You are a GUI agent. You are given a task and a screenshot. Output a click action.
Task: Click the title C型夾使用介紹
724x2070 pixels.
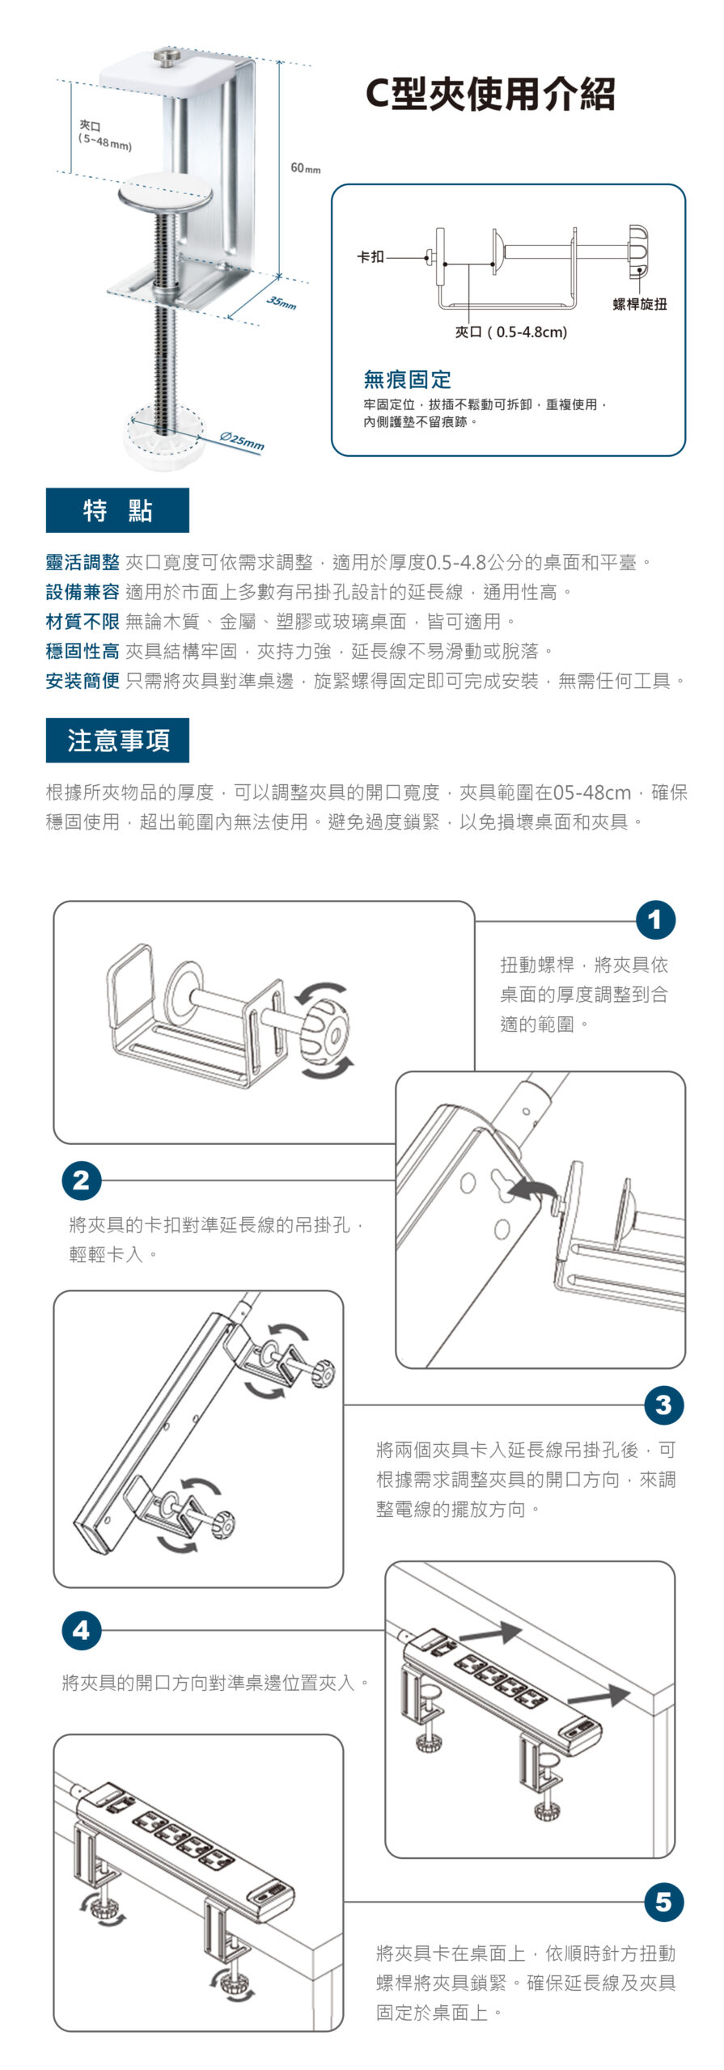pyautogui.click(x=490, y=94)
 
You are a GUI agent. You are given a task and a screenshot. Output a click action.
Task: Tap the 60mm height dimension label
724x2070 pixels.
pyautogui.click(x=305, y=168)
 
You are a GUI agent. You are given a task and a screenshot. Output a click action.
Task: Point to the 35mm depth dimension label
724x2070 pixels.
pyautogui.click(x=282, y=303)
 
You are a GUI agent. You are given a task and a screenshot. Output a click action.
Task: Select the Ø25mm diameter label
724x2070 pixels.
pyautogui.click(x=243, y=441)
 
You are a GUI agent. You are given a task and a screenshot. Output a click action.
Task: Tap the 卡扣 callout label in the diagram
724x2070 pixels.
pyautogui.click(x=370, y=257)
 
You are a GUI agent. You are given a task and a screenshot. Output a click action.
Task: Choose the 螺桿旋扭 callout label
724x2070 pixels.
pyautogui.click(x=639, y=304)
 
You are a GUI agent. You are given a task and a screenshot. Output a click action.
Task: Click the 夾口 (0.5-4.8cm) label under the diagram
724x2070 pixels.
pyautogui.click(x=511, y=332)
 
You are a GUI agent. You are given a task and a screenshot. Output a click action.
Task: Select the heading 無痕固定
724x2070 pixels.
pyautogui.click(x=407, y=378)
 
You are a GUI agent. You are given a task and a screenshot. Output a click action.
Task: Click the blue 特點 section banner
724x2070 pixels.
pyautogui.click(x=117, y=510)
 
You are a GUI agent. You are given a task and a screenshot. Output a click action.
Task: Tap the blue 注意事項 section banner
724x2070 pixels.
pyautogui.click(x=117, y=740)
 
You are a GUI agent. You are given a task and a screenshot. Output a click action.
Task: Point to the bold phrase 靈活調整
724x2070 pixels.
pyautogui.click(x=83, y=562)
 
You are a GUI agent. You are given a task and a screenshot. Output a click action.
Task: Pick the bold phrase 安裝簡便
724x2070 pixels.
pyautogui.click(x=83, y=681)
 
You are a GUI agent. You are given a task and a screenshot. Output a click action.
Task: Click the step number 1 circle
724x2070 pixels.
pyautogui.click(x=655, y=920)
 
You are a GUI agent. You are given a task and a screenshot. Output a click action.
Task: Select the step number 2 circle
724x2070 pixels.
pyautogui.click(x=82, y=1181)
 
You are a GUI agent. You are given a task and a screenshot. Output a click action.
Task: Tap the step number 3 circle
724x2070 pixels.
pyautogui.click(x=663, y=1406)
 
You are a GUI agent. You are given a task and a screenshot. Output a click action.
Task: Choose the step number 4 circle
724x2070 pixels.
pyautogui.click(x=82, y=1631)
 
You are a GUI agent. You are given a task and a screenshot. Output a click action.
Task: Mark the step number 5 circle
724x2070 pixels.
pyautogui.click(x=663, y=1902)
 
